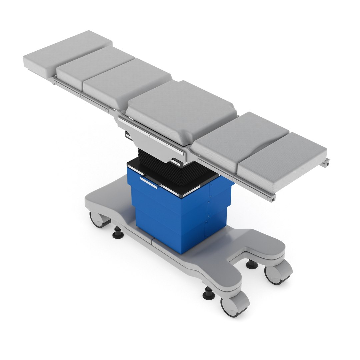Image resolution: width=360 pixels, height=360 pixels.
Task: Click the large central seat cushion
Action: click(x=182, y=110)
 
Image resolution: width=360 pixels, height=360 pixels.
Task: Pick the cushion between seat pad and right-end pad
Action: click(x=240, y=137)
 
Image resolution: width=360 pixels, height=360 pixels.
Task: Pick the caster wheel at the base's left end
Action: click(x=98, y=220)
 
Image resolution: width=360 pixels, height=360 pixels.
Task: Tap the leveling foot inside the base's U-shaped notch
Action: click(x=252, y=265)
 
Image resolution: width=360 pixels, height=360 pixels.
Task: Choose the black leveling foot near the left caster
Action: click(x=118, y=233)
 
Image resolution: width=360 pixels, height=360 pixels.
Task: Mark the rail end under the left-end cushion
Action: click(x=53, y=81)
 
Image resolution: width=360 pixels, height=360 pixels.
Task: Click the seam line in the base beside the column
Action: click(x=153, y=239)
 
